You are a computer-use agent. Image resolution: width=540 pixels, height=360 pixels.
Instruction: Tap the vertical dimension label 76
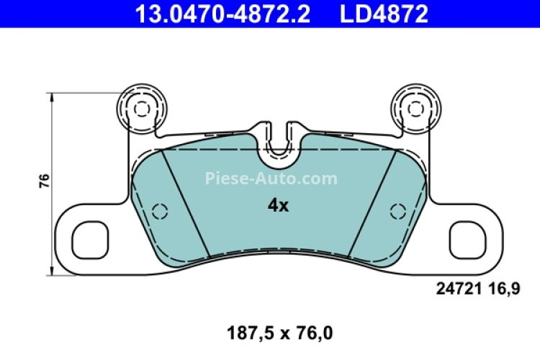(44, 181)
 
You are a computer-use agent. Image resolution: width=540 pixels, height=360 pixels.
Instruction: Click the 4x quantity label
(277, 206)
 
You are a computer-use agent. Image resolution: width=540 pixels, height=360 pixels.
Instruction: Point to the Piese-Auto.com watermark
(271, 178)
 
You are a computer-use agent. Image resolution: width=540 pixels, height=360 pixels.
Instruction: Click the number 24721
(456, 289)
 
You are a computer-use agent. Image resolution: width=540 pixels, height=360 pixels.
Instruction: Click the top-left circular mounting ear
(142, 109)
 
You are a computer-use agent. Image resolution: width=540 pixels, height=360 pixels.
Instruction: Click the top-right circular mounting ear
(414, 109)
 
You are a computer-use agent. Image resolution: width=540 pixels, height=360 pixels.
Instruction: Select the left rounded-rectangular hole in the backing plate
(90, 238)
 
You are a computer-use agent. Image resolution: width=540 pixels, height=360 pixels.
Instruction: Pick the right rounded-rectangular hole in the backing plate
(466, 238)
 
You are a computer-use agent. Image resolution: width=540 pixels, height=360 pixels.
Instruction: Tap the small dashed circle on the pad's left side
(160, 211)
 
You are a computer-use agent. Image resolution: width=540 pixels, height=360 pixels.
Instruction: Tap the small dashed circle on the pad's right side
(396, 211)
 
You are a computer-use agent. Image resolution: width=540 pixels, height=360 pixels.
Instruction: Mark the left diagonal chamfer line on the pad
(185, 204)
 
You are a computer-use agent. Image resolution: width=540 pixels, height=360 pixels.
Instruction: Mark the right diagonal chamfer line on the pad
(371, 204)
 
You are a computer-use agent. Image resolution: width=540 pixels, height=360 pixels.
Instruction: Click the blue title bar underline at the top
(270, 27)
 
